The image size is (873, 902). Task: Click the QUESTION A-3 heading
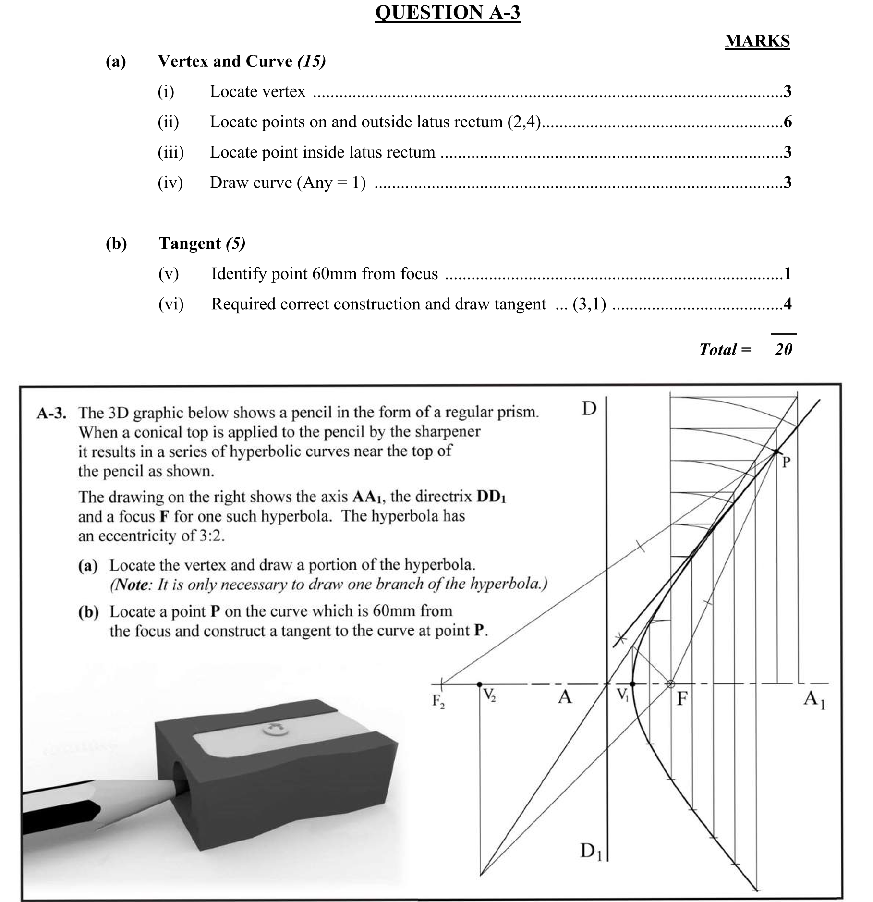447,12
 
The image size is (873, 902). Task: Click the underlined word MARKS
757,41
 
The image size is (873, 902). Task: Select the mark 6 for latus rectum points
788,122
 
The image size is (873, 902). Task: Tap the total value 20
783,349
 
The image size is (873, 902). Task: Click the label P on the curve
786,462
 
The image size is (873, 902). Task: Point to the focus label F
682,698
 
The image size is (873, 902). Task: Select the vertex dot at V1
632,683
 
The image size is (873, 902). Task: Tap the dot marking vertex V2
479,683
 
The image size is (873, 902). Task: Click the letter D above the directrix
589,409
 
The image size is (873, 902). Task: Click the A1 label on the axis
814,699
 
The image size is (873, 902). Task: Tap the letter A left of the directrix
565,696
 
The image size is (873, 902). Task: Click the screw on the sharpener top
275,730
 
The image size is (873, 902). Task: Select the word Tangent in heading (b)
190,244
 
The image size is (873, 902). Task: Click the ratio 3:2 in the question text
211,536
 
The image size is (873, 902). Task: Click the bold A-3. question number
51,413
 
